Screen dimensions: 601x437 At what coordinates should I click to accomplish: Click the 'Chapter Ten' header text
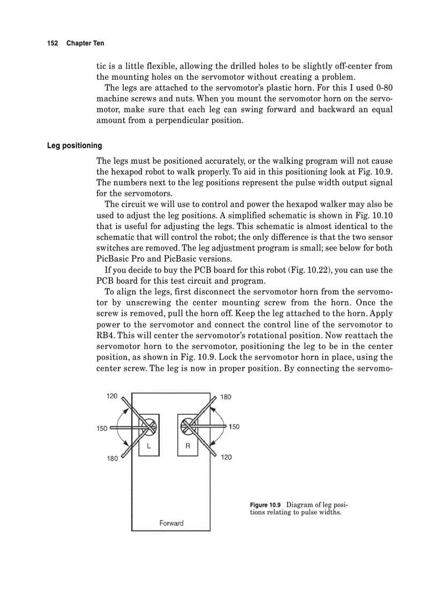pos(85,43)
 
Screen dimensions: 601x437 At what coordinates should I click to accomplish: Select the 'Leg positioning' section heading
pos(74,146)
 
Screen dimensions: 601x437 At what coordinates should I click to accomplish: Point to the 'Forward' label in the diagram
pos(171,523)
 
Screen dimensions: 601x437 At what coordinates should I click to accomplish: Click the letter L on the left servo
pos(149,445)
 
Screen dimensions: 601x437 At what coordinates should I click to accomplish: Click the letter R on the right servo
pos(188,445)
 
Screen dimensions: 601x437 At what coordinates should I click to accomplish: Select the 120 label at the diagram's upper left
pos(112,396)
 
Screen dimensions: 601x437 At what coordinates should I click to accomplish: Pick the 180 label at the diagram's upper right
pos(225,397)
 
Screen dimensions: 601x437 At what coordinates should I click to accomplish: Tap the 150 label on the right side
pos(234,427)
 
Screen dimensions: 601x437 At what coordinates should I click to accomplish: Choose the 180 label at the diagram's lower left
pos(111,458)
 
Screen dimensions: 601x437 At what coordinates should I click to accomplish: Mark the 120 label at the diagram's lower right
pos(226,458)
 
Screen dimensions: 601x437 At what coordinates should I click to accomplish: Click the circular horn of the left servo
pos(148,427)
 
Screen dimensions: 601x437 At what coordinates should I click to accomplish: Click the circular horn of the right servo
pos(188,426)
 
